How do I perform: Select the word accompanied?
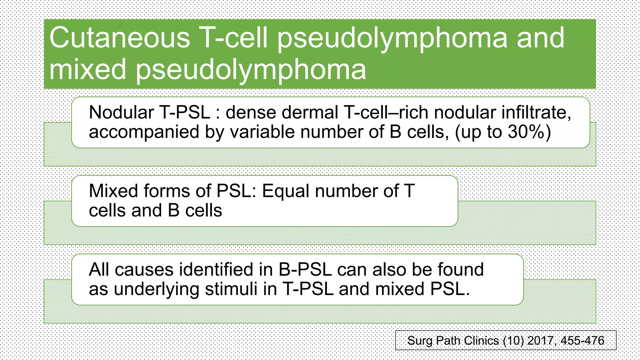[144, 132]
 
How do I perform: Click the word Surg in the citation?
[420, 340]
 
